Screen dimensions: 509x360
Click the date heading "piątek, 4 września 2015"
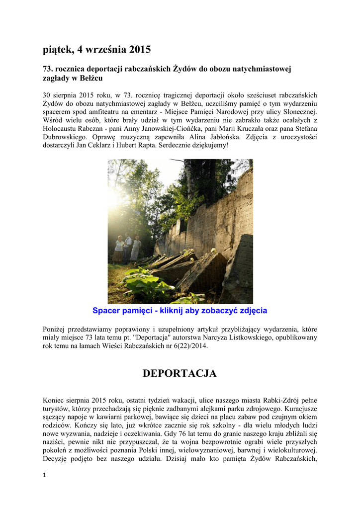coord(97,50)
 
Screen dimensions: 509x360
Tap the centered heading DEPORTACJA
coord(180,374)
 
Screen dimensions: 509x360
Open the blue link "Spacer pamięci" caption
coord(180,311)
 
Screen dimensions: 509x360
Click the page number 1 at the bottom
coord(44,476)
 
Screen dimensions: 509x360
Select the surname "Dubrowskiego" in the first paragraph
coord(65,136)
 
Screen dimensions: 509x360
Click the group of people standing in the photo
coord(127,248)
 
